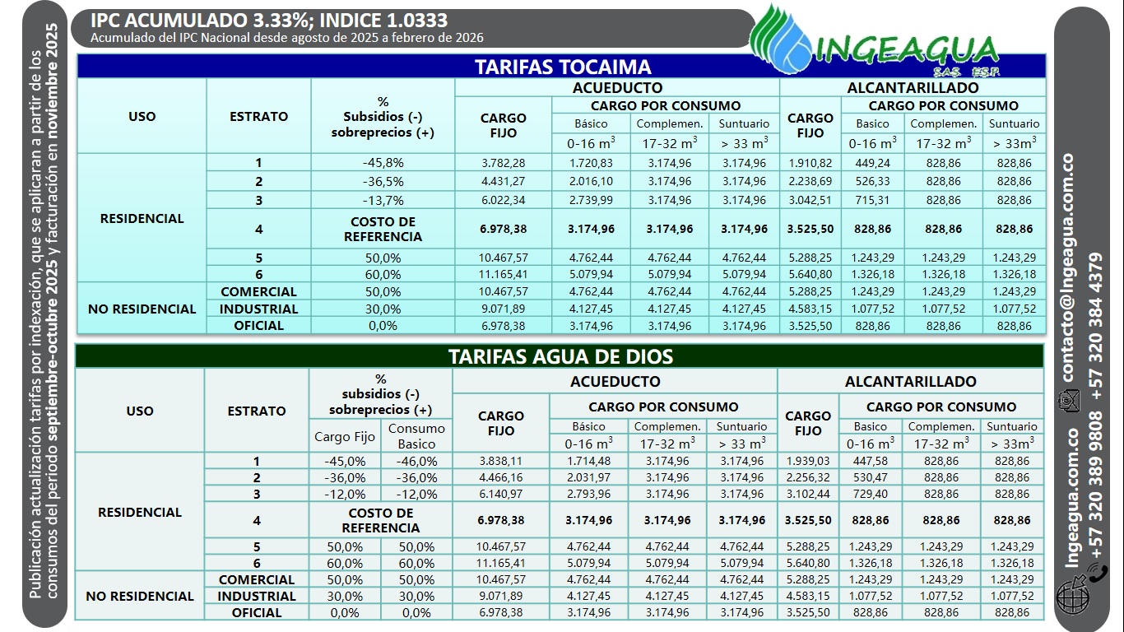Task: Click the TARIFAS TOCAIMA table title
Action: pyautogui.click(x=562, y=67)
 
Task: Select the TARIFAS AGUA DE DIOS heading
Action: pyautogui.click(x=560, y=356)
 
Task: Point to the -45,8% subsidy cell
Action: pyautogui.click(x=383, y=163)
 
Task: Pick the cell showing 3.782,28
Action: pyautogui.click(x=503, y=163)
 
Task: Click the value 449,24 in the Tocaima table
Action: pyautogui.click(x=872, y=163)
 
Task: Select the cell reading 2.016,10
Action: pyautogui.click(x=591, y=181)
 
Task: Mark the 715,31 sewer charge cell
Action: pyautogui.click(x=872, y=200)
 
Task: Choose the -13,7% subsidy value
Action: pyautogui.click(x=383, y=200)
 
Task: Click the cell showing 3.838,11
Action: pyautogui.click(x=500, y=462)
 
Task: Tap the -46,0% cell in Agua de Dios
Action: pyautogui.click(x=416, y=462)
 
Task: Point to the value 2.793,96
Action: pyautogui.click(x=588, y=494)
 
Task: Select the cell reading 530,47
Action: pyautogui.click(x=871, y=477)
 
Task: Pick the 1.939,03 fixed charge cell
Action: pyautogui.click(x=807, y=462)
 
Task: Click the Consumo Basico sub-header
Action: pyautogui.click(x=416, y=436)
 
